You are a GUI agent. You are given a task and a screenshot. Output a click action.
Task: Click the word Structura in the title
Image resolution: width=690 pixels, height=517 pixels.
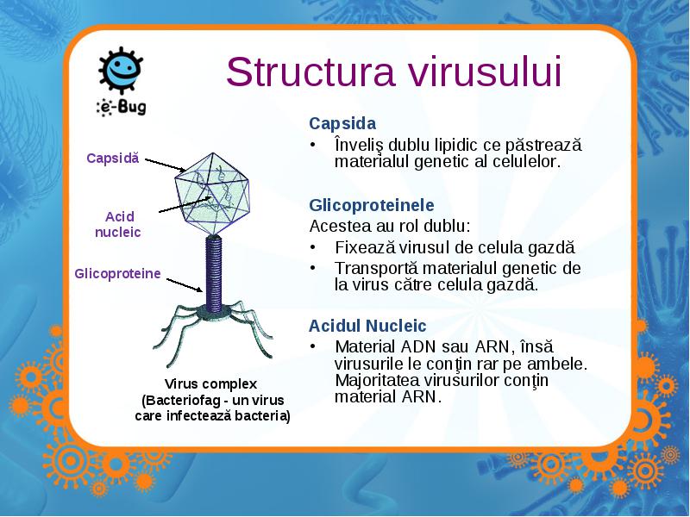(x=310, y=72)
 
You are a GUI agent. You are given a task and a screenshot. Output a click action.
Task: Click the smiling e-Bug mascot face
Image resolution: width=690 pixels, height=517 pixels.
(x=121, y=70)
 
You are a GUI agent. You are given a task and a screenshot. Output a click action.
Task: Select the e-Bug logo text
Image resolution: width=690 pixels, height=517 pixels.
(x=122, y=107)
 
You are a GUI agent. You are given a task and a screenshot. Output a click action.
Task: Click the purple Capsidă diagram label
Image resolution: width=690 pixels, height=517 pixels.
(x=113, y=159)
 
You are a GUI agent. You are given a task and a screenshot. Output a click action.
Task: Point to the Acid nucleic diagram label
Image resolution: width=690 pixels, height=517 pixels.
(x=118, y=224)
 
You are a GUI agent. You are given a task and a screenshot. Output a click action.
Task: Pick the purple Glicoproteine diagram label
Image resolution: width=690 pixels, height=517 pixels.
(x=117, y=273)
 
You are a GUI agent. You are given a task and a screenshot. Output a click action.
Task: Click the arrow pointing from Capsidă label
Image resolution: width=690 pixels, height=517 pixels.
(x=166, y=165)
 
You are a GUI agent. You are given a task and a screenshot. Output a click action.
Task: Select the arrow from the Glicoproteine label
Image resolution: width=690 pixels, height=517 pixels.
(x=185, y=284)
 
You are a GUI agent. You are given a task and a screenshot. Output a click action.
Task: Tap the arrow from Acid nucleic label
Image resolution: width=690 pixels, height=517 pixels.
(x=185, y=205)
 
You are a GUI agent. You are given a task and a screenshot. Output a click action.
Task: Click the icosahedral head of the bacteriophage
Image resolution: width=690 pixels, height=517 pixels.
(x=212, y=193)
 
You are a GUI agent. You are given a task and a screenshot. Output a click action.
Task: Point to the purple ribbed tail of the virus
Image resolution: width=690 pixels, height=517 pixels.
(x=214, y=273)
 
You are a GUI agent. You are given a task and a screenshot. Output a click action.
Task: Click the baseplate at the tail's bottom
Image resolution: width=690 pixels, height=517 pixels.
(x=214, y=312)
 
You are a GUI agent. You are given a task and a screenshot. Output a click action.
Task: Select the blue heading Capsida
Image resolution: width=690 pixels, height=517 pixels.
(x=342, y=123)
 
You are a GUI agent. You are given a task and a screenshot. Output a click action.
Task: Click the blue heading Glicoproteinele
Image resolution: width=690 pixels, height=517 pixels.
(x=372, y=205)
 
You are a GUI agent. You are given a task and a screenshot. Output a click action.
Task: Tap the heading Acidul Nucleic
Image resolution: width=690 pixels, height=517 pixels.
(x=367, y=326)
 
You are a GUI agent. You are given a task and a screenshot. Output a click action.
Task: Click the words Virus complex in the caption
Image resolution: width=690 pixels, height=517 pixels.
(x=210, y=383)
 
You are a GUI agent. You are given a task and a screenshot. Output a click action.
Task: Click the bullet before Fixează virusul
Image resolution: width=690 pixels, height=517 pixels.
(x=313, y=247)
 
